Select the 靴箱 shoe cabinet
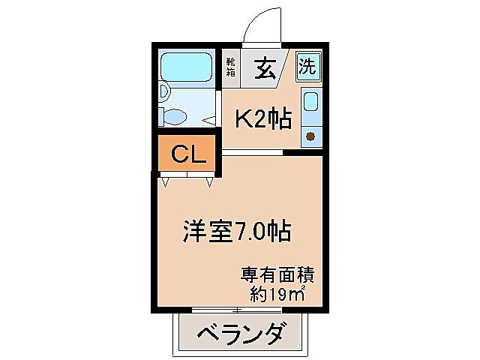[x=231, y=68]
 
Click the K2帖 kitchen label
[x=264, y=118]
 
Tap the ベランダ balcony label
[x=241, y=332]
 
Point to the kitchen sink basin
[x=310, y=103]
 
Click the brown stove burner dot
[x=310, y=136]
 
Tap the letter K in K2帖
[x=244, y=118]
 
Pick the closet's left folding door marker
[x=165, y=180]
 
